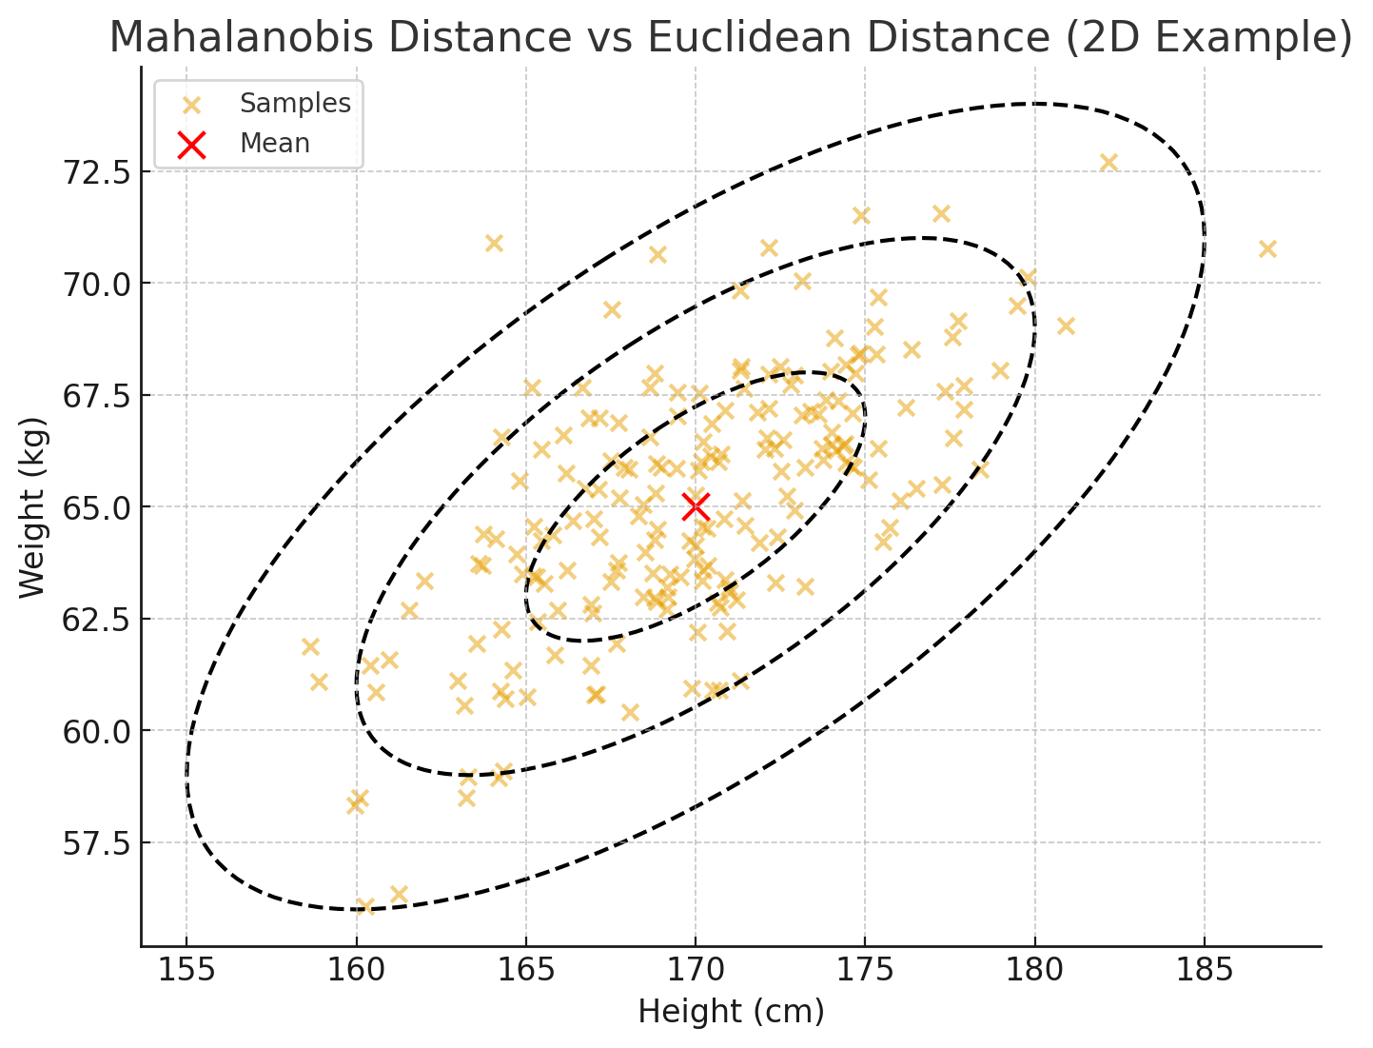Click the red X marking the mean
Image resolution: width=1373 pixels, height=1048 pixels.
[x=696, y=506]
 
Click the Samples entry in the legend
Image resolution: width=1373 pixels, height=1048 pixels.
[x=295, y=103]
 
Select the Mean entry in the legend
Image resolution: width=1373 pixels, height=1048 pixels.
[x=274, y=144]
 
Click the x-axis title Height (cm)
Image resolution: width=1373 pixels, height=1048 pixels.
[x=731, y=1012]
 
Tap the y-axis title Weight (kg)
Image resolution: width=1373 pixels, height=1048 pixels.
[x=32, y=507]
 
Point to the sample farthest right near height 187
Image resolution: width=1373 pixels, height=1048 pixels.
[x=1266, y=248]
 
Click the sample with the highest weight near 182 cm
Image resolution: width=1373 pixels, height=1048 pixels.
[x=1108, y=162]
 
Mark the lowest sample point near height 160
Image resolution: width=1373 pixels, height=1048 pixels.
[x=364, y=905]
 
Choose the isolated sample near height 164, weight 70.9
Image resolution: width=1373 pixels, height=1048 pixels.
[x=494, y=243]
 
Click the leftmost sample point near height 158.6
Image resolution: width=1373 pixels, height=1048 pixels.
[x=310, y=647]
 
